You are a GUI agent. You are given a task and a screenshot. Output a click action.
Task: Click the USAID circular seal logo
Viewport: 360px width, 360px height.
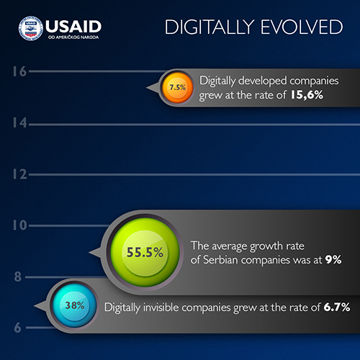[x=31, y=28]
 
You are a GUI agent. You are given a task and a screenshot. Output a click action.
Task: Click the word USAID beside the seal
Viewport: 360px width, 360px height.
[x=73, y=27]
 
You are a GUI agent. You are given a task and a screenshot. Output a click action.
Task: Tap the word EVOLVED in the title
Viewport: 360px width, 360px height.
[x=302, y=27]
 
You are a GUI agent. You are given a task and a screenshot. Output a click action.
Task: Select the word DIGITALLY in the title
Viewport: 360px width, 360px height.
[x=210, y=27]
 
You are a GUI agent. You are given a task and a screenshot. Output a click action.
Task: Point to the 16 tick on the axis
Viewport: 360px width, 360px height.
[x=19, y=71]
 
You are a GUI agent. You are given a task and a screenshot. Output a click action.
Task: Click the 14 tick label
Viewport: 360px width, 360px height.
[x=19, y=123]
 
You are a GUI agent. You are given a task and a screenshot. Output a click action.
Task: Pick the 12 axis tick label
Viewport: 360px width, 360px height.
[x=19, y=174]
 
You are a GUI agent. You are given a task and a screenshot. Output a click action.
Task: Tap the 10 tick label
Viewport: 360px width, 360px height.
[x=19, y=225]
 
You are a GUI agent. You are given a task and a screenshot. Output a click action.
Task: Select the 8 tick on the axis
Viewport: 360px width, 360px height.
[x=18, y=276]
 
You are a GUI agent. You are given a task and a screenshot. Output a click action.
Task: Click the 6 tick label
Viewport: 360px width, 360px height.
[x=18, y=328]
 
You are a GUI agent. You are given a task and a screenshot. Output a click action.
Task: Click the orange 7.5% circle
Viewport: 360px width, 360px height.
[x=177, y=88]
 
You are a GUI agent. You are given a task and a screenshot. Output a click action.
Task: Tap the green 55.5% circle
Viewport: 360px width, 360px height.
[x=145, y=252]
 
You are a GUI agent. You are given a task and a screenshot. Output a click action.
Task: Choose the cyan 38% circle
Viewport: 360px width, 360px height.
[x=75, y=305]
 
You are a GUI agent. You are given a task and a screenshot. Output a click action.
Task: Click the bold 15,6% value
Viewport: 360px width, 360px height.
[x=307, y=95]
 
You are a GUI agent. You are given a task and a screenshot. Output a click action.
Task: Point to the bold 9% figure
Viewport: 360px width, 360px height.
[x=333, y=260]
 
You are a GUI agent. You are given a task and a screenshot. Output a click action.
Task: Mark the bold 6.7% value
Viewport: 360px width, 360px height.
[x=337, y=307]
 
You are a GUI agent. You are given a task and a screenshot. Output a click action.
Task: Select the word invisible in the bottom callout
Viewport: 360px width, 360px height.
[x=161, y=307]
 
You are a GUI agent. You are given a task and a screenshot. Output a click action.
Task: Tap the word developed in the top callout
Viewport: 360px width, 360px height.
[x=263, y=81]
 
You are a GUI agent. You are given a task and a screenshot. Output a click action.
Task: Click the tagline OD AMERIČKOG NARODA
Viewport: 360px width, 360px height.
[x=73, y=37]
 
